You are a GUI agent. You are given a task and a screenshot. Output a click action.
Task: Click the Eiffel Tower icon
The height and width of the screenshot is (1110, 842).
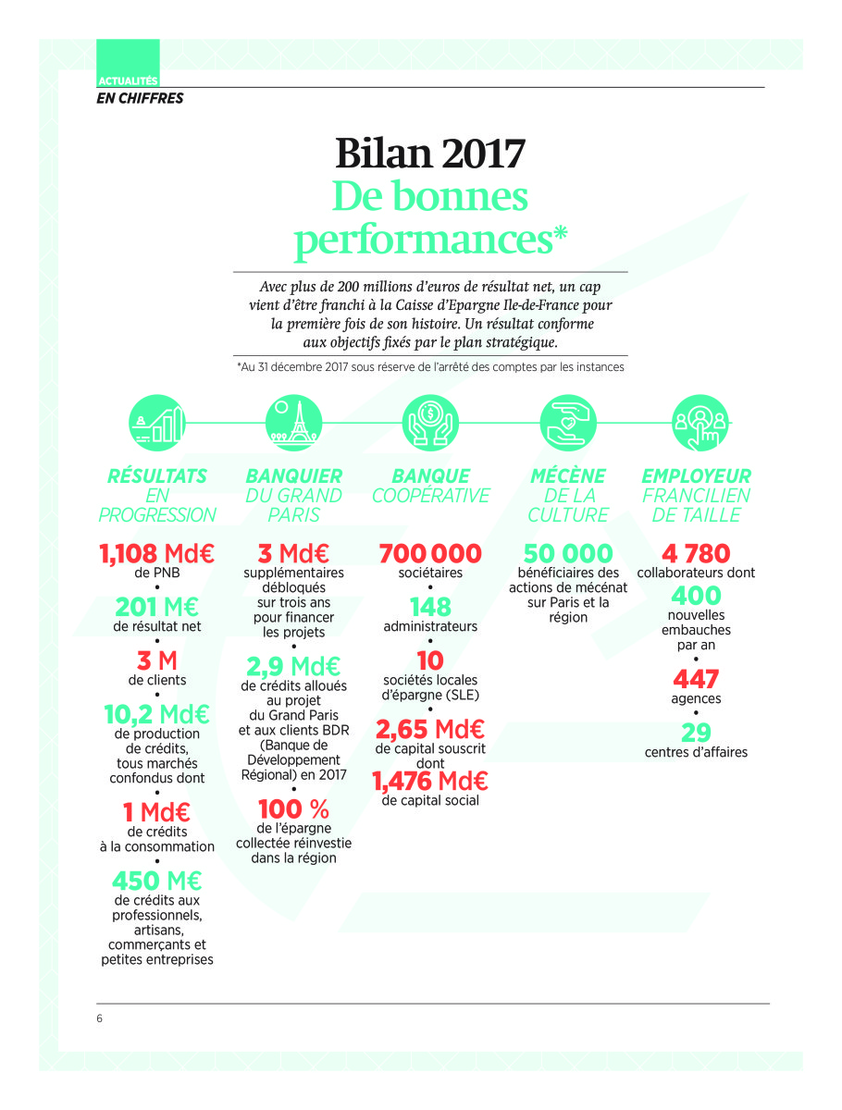coord(293,423)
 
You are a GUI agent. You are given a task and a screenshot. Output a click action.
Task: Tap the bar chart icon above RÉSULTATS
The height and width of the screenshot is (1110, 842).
coord(156,423)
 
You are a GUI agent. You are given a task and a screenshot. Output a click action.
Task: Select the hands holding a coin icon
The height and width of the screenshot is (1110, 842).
coord(430,423)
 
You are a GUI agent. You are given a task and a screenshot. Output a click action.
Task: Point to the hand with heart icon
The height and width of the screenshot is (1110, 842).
coord(567,423)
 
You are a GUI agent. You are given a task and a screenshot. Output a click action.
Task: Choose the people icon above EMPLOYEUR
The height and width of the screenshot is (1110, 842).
coord(700,423)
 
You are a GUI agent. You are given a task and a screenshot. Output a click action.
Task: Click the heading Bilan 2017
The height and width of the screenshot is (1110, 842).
coord(430,153)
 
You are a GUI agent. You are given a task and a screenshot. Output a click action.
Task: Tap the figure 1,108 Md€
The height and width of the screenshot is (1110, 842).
coord(156,554)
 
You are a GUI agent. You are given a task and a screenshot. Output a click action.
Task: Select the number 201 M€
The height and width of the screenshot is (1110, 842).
coord(156,607)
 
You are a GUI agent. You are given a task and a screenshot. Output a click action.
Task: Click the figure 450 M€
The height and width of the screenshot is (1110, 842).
coord(156,881)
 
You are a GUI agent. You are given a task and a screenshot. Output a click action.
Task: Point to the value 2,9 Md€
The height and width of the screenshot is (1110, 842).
coord(293,666)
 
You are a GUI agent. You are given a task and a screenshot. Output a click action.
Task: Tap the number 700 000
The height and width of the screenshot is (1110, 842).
coord(430,554)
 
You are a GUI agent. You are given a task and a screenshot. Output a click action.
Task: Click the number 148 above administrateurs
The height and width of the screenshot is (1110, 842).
coord(430,607)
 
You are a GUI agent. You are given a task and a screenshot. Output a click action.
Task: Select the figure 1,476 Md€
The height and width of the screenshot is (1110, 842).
coord(430,783)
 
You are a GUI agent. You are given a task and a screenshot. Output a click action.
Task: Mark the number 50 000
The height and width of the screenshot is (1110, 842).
coord(567,554)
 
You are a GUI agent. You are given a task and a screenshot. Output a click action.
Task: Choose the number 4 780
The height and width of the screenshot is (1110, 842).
coord(696,554)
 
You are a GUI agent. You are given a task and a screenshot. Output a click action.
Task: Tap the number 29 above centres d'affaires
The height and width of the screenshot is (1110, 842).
coord(696,733)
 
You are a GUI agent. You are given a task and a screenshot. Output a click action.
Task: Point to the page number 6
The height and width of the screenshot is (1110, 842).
coord(99,1018)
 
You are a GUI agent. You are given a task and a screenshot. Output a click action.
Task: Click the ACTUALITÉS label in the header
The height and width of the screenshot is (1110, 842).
coord(127,81)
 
